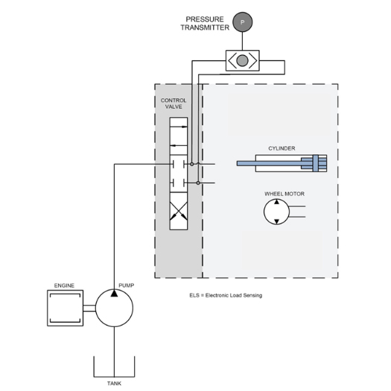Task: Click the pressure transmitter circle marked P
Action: [x=242, y=22]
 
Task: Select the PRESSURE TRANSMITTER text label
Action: [x=205, y=23]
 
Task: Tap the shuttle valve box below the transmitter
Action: [x=242, y=60]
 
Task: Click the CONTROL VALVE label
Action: [x=174, y=104]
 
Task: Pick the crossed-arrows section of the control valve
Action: [x=179, y=211]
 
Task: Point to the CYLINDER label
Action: [x=282, y=148]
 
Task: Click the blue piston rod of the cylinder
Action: [x=270, y=164]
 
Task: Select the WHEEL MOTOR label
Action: [x=284, y=194]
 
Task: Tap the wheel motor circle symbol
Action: [x=276, y=212]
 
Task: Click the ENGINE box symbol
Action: [x=65, y=308]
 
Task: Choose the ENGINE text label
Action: [x=64, y=285]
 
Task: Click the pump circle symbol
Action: [x=114, y=308]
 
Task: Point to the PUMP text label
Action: [x=126, y=285]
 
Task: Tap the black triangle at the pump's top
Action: [x=114, y=293]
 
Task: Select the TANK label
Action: [x=114, y=384]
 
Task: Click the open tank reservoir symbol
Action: [x=114, y=377]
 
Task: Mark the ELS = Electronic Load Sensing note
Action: [x=226, y=296]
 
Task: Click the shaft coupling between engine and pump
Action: [x=89, y=308]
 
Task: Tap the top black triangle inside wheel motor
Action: [x=276, y=202]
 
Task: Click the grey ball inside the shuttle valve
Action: [x=242, y=60]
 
